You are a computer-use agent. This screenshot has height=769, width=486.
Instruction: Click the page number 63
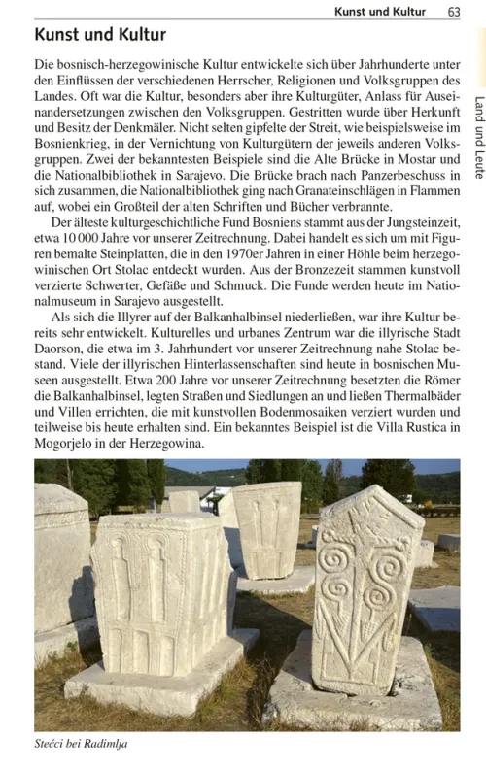tap(454, 12)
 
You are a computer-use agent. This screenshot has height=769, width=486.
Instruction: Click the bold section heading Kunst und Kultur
tap(100, 35)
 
